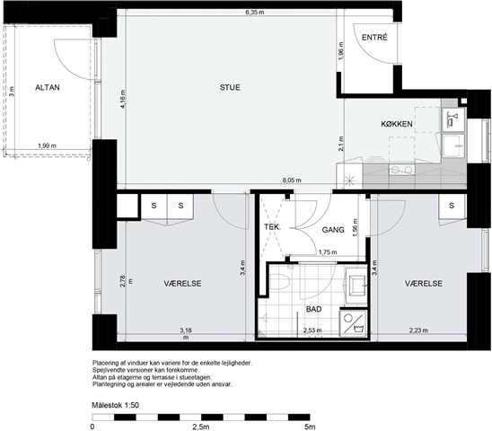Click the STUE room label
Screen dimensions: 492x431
[230, 87]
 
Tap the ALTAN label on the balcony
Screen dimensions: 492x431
[48, 87]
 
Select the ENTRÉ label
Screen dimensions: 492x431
[374, 38]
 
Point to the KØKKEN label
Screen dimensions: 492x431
[397, 124]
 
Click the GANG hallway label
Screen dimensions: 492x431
[333, 230]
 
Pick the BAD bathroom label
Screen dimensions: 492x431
[313, 309]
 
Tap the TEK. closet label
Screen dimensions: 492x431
[272, 226]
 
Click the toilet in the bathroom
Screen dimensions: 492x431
[279, 282]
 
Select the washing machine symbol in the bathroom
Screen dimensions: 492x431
[354, 323]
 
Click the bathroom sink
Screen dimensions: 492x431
[356, 286]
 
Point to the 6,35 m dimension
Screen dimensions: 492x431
[254, 13]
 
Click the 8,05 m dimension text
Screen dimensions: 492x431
[292, 180]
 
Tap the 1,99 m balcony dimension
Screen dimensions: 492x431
[47, 145]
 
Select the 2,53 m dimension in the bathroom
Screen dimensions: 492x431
[312, 330]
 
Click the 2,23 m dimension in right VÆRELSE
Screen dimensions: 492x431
[418, 330]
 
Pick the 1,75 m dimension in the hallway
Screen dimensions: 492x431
[328, 252]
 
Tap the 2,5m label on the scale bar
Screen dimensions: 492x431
[201, 427]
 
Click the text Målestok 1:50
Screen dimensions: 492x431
[115, 405]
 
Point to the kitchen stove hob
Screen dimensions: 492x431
[401, 170]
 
